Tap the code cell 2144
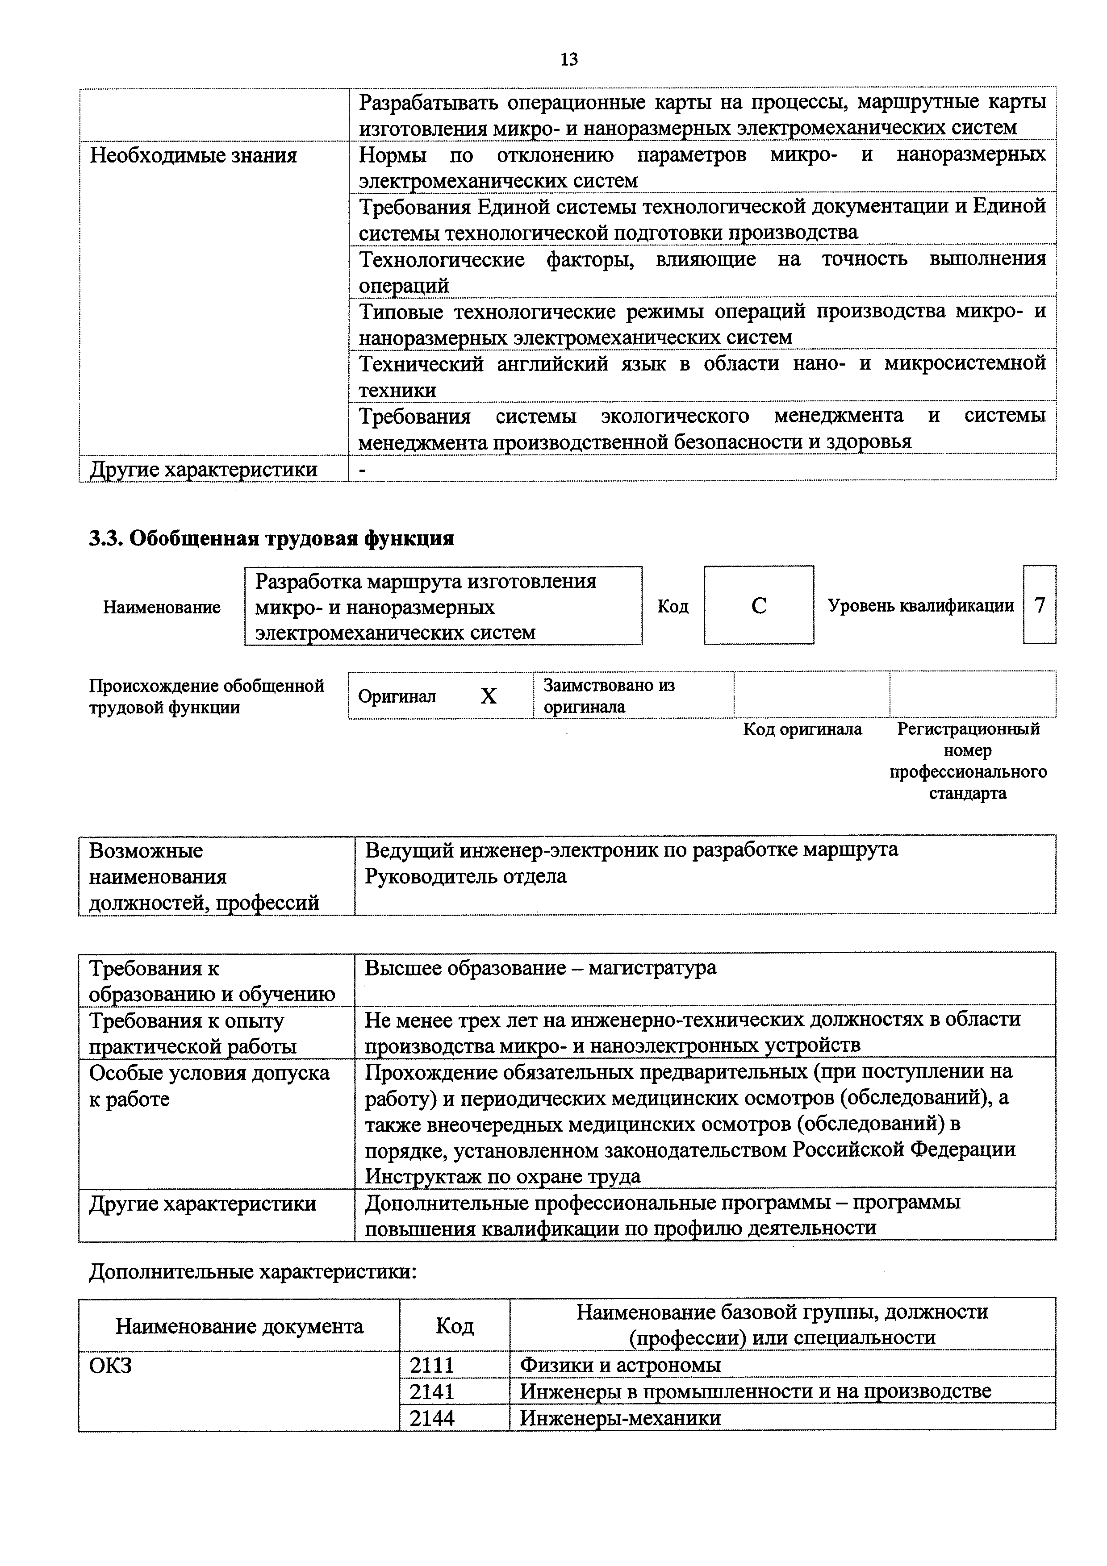[432, 1417]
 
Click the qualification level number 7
[1040, 605]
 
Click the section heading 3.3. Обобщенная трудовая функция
[272, 539]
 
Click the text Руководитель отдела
[466, 876]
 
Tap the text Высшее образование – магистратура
[540, 968]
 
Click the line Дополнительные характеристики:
[252, 1272]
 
